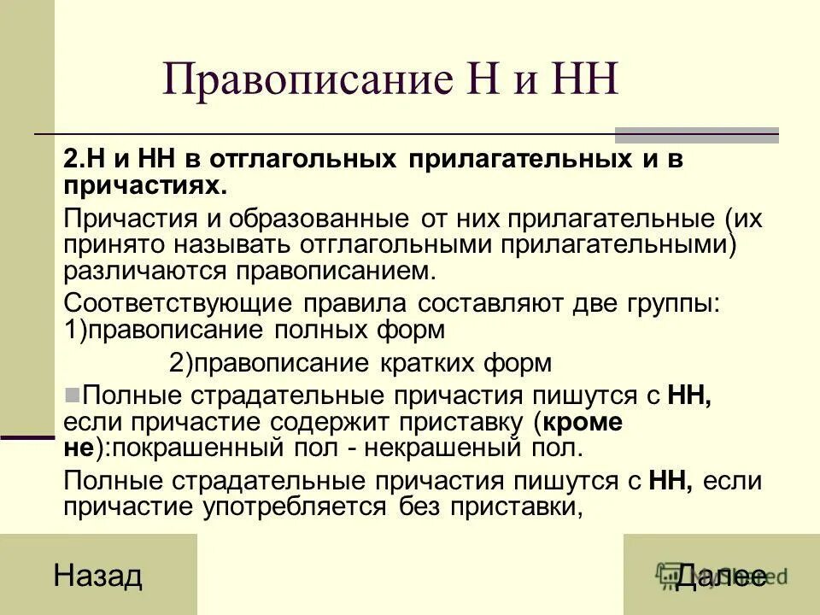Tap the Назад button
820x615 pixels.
[97, 576]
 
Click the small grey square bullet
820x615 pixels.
[73, 395]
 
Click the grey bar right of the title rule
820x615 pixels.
[697, 134]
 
